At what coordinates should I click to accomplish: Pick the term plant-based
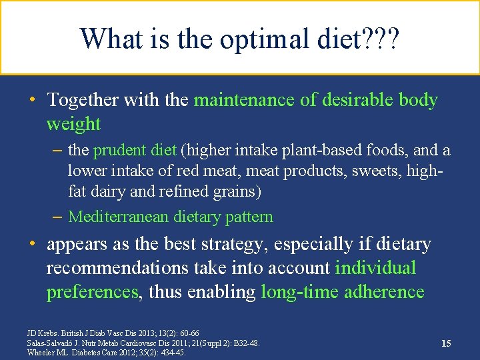[x=313, y=151]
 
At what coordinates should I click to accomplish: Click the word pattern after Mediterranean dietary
[x=247, y=217]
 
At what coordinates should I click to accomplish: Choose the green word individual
[x=375, y=268]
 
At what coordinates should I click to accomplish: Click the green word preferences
[x=93, y=292]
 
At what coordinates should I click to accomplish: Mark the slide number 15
[x=446, y=343]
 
